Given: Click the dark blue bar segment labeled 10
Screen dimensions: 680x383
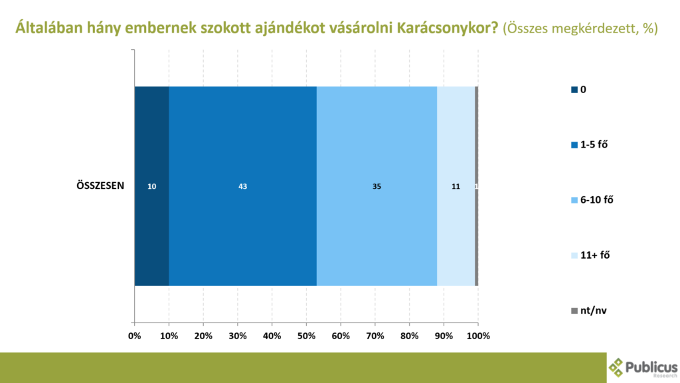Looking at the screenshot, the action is (x=152, y=186).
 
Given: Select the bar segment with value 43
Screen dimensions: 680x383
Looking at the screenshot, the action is (x=243, y=186).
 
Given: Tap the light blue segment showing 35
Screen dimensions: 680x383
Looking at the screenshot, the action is (x=377, y=186).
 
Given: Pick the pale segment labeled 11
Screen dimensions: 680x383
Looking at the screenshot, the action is (x=456, y=186).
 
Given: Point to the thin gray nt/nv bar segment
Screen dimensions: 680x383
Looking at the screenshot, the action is (x=477, y=186).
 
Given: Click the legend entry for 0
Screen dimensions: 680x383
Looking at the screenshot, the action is (x=578, y=90).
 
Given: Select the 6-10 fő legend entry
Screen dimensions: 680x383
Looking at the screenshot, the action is (x=592, y=199).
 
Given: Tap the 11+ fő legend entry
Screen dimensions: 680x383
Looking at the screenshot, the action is (x=590, y=255).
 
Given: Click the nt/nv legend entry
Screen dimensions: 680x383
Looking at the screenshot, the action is (x=588, y=311).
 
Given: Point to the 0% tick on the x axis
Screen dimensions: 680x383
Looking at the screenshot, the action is (x=134, y=336).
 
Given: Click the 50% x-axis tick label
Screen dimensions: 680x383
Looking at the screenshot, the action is (x=306, y=336).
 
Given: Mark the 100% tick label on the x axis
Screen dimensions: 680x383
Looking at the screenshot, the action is (x=478, y=336).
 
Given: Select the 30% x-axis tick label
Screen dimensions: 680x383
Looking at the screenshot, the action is (x=238, y=336).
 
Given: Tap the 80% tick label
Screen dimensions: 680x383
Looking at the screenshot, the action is (x=409, y=336).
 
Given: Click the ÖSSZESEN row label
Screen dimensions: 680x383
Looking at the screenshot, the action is (x=100, y=186).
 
